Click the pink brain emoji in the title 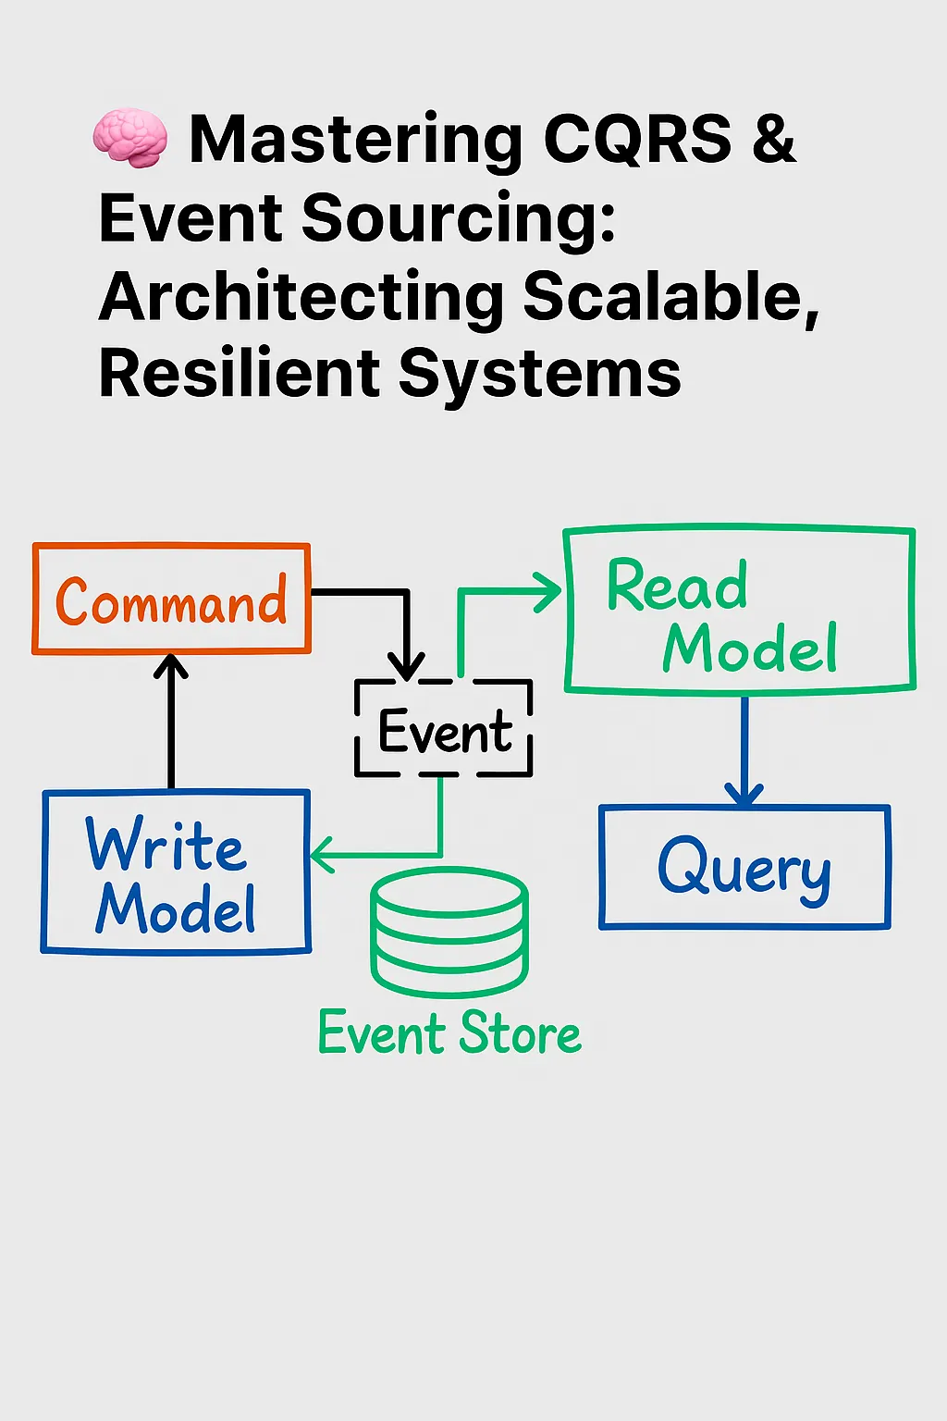pos(130,139)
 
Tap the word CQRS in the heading pos(637,140)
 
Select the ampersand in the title pos(774,140)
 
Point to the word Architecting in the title pos(301,298)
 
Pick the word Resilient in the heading pos(239,375)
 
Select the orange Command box pos(172,599)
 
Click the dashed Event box pos(444,730)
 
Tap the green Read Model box pos(739,611)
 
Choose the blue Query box pos(744,867)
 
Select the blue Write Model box pos(176,871)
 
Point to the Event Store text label pos(449,1033)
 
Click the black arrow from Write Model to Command pos(171,722)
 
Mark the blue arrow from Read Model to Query pos(744,749)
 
